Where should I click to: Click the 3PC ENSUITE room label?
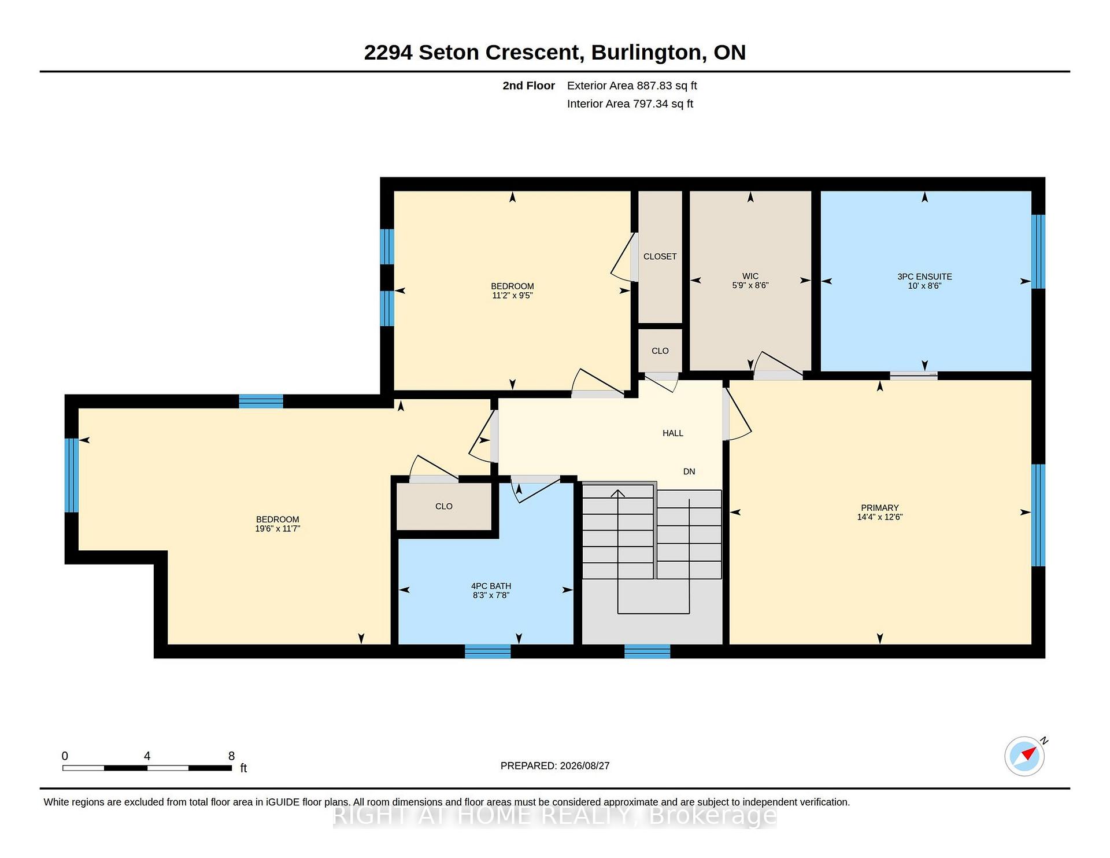point(924,277)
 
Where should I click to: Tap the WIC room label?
point(750,276)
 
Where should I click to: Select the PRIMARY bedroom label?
point(880,507)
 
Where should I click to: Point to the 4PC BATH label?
point(491,586)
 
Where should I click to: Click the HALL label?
point(673,433)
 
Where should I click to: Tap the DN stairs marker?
point(689,472)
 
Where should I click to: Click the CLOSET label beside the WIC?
point(660,256)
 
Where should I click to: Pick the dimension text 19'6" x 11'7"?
point(277,528)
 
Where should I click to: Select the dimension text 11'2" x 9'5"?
point(512,295)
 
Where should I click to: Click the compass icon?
point(1025,756)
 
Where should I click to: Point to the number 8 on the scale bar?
point(231,756)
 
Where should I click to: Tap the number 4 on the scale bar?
point(147,756)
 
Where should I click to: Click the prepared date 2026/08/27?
point(584,765)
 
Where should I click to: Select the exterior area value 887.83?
point(654,86)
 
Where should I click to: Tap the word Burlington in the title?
point(646,53)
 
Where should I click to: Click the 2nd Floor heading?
point(528,86)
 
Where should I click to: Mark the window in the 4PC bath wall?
point(488,651)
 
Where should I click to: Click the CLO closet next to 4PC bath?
point(444,506)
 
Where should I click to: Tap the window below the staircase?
point(647,651)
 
